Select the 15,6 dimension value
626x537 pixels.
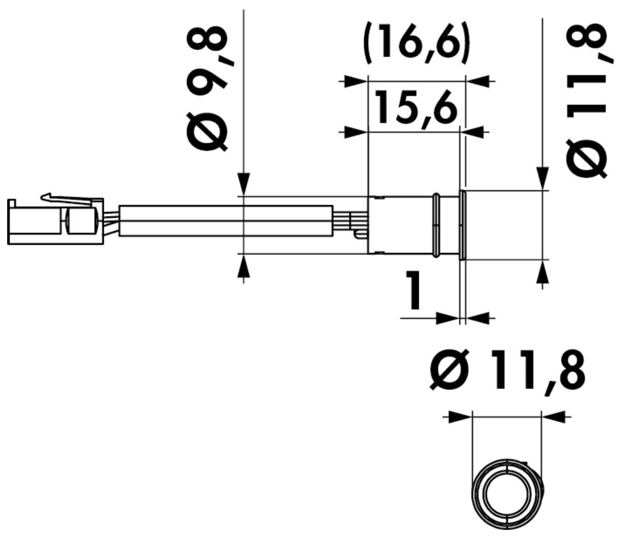pos(416,107)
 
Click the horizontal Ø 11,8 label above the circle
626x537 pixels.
pos(507,371)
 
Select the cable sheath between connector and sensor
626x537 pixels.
pos(226,220)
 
